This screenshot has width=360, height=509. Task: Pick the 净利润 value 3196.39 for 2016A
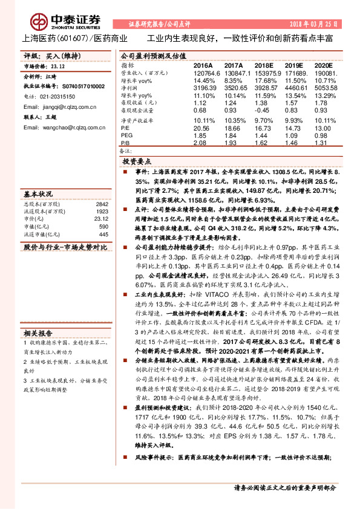[203, 87]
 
